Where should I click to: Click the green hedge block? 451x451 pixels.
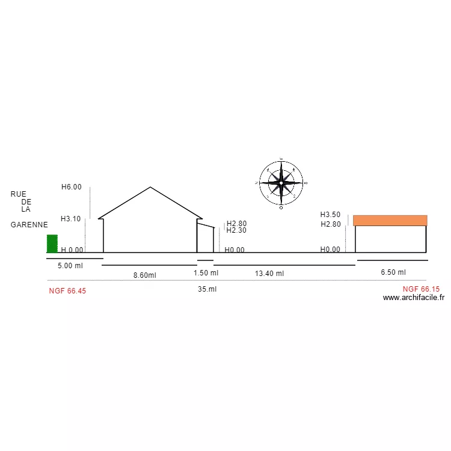coord(52,244)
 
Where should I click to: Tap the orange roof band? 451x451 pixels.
coord(390,220)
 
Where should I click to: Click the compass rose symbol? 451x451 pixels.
coord(281,183)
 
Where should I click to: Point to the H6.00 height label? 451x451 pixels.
coord(72,187)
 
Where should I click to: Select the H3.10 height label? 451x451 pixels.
coord(71,219)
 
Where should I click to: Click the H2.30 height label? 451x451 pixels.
coord(236,230)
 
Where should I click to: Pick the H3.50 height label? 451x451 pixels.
coord(330,215)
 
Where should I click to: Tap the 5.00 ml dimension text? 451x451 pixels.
coord(70,266)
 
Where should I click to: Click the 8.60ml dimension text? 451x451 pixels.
coord(145,275)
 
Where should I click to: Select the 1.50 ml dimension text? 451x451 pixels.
coord(206,272)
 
